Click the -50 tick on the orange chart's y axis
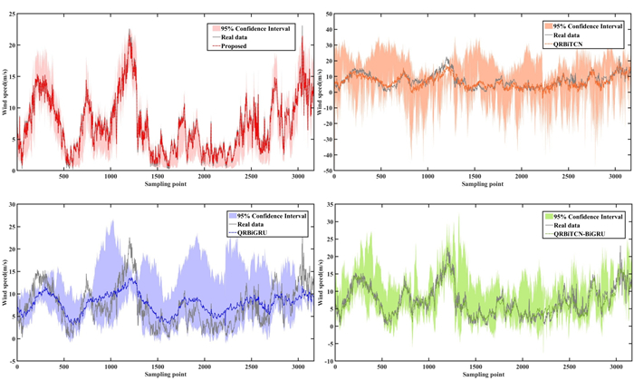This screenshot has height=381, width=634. click(326, 170)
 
